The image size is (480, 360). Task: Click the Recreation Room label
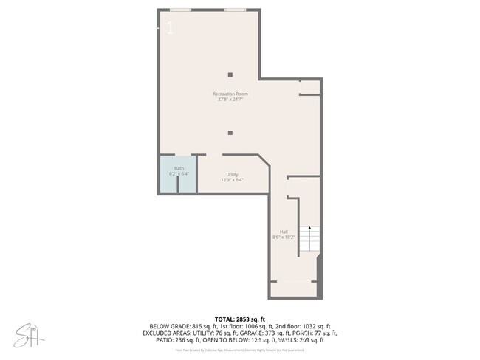[x=230, y=94]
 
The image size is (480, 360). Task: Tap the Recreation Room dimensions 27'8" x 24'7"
[x=230, y=100]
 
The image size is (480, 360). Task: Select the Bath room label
[x=179, y=168]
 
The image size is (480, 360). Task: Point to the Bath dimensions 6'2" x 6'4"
[x=179, y=174]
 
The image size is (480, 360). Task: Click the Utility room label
[x=232, y=174]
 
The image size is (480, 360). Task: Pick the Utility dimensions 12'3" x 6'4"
[x=232, y=180]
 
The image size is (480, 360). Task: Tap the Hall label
[x=284, y=231]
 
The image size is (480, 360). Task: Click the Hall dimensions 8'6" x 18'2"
[x=284, y=237]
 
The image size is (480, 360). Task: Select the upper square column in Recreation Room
[x=230, y=74]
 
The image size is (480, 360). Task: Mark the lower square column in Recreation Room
[x=230, y=133]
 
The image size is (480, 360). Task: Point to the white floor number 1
[x=171, y=29]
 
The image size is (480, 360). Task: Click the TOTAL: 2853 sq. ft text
[x=240, y=318]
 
